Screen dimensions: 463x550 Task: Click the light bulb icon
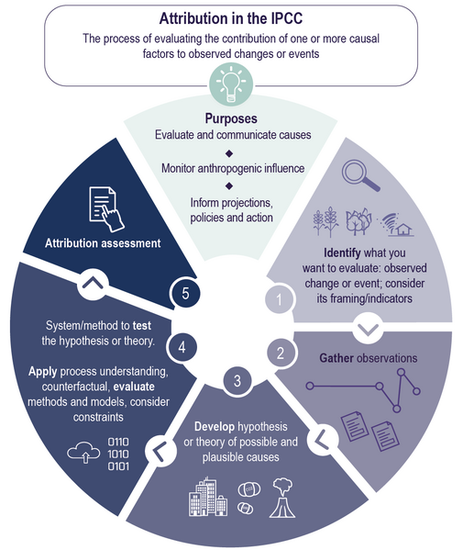pos(231,84)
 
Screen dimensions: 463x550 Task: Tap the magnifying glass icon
pos(360,175)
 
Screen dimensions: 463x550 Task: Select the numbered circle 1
pos(279,299)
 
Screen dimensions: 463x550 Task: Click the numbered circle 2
pos(281,354)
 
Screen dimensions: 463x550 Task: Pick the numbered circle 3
pos(237,380)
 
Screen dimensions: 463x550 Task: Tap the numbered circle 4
pos(182,347)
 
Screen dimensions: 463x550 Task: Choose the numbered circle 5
pos(185,293)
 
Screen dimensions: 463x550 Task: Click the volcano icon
pos(282,498)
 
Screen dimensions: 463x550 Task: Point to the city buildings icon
pos(208,497)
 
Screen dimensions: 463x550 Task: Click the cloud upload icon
pos(83,453)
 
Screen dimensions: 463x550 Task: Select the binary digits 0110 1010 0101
pos(118,454)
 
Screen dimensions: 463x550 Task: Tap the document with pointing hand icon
pos(106,209)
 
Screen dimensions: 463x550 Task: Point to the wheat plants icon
pos(325,221)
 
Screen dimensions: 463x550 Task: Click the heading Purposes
pos(231,118)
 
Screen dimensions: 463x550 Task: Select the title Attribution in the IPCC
pos(231,18)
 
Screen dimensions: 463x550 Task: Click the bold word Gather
pos(336,358)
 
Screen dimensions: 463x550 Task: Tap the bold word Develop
pos(215,427)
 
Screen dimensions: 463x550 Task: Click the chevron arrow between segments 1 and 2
pos(369,329)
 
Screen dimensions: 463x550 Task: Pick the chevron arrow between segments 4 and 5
pos(93,283)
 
